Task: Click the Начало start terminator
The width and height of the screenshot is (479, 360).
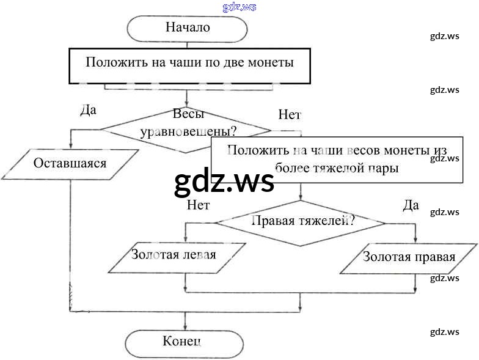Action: click(x=187, y=28)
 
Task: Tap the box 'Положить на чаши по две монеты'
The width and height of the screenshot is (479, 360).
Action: click(x=189, y=63)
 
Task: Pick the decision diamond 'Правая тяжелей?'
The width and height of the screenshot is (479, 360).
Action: click(x=300, y=222)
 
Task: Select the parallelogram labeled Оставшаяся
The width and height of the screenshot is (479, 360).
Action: click(x=70, y=164)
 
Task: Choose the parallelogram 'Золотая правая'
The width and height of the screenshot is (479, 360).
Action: click(x=408, y=258)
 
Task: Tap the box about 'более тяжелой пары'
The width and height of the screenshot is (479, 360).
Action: click(x=337, y=159)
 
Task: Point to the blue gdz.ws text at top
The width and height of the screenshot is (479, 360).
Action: click(x=239, y=7)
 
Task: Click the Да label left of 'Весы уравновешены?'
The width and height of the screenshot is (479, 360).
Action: click(x=89, y=111)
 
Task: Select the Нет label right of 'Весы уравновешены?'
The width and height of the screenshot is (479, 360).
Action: click(x=290, y=114)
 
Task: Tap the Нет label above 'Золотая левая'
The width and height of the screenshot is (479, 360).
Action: click(x=198, y=205)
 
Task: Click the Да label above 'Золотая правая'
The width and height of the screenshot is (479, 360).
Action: click(x=411, y=205)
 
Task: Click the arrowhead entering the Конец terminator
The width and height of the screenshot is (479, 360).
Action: click(x=185, y=328)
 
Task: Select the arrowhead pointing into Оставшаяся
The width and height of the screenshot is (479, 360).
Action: click(x=71, y=146)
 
